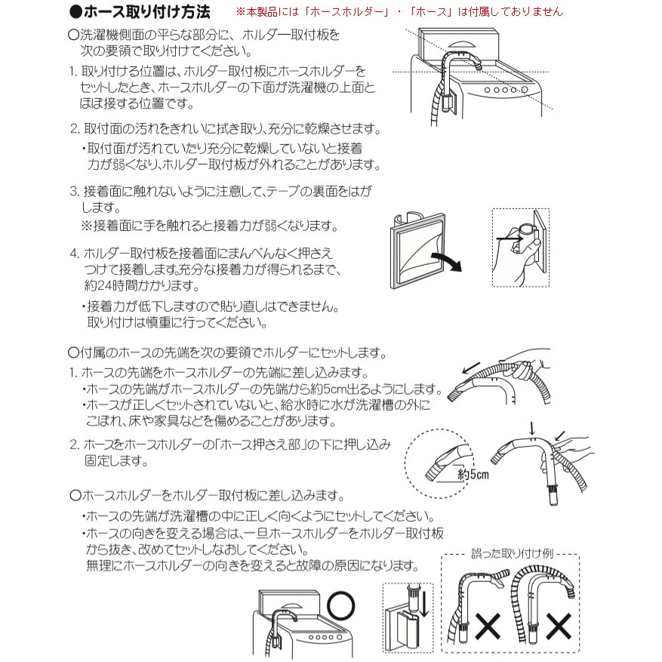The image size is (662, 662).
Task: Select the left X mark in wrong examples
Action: pos(489,626)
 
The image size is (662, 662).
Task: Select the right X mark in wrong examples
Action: pos(559,626)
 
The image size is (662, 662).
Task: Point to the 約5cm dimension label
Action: pos(473,475)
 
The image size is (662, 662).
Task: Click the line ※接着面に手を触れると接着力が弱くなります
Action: pos(209,226)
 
